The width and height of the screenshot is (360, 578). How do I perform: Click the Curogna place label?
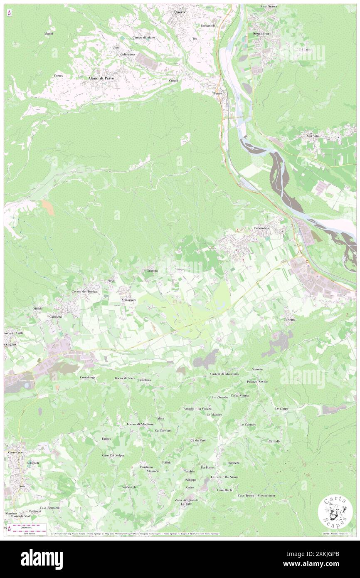tap(290, 319)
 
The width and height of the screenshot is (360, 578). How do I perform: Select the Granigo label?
tap(151, 271)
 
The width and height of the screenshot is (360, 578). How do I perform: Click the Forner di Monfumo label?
tap(141, 424)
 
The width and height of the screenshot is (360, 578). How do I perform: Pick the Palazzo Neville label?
tap(257, 381)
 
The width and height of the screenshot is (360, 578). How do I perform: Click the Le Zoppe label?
tap(281, 408)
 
